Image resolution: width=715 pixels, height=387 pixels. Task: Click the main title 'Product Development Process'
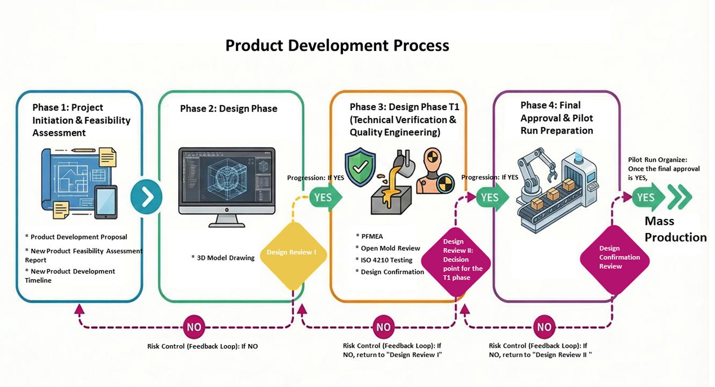[x=337, y=46]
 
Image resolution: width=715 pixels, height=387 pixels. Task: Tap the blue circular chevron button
[x=146, y=197]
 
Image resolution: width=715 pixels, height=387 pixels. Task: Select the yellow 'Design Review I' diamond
[x=293, y=252]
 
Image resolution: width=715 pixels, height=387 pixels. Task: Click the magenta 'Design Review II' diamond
[x=455, y=259]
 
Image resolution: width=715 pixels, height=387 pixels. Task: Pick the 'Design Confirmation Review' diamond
[x=615, y=258]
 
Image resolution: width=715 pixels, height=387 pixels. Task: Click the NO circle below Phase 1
[x=194, y=327]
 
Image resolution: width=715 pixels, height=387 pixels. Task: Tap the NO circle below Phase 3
[x=383, y=327]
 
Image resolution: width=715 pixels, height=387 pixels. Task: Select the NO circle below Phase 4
[x=544, y=327]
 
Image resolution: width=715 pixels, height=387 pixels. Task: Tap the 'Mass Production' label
[x=675, y=229]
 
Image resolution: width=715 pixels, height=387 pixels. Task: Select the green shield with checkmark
[x=360, y=166]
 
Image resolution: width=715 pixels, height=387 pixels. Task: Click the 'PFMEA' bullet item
[x=372, y=236]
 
